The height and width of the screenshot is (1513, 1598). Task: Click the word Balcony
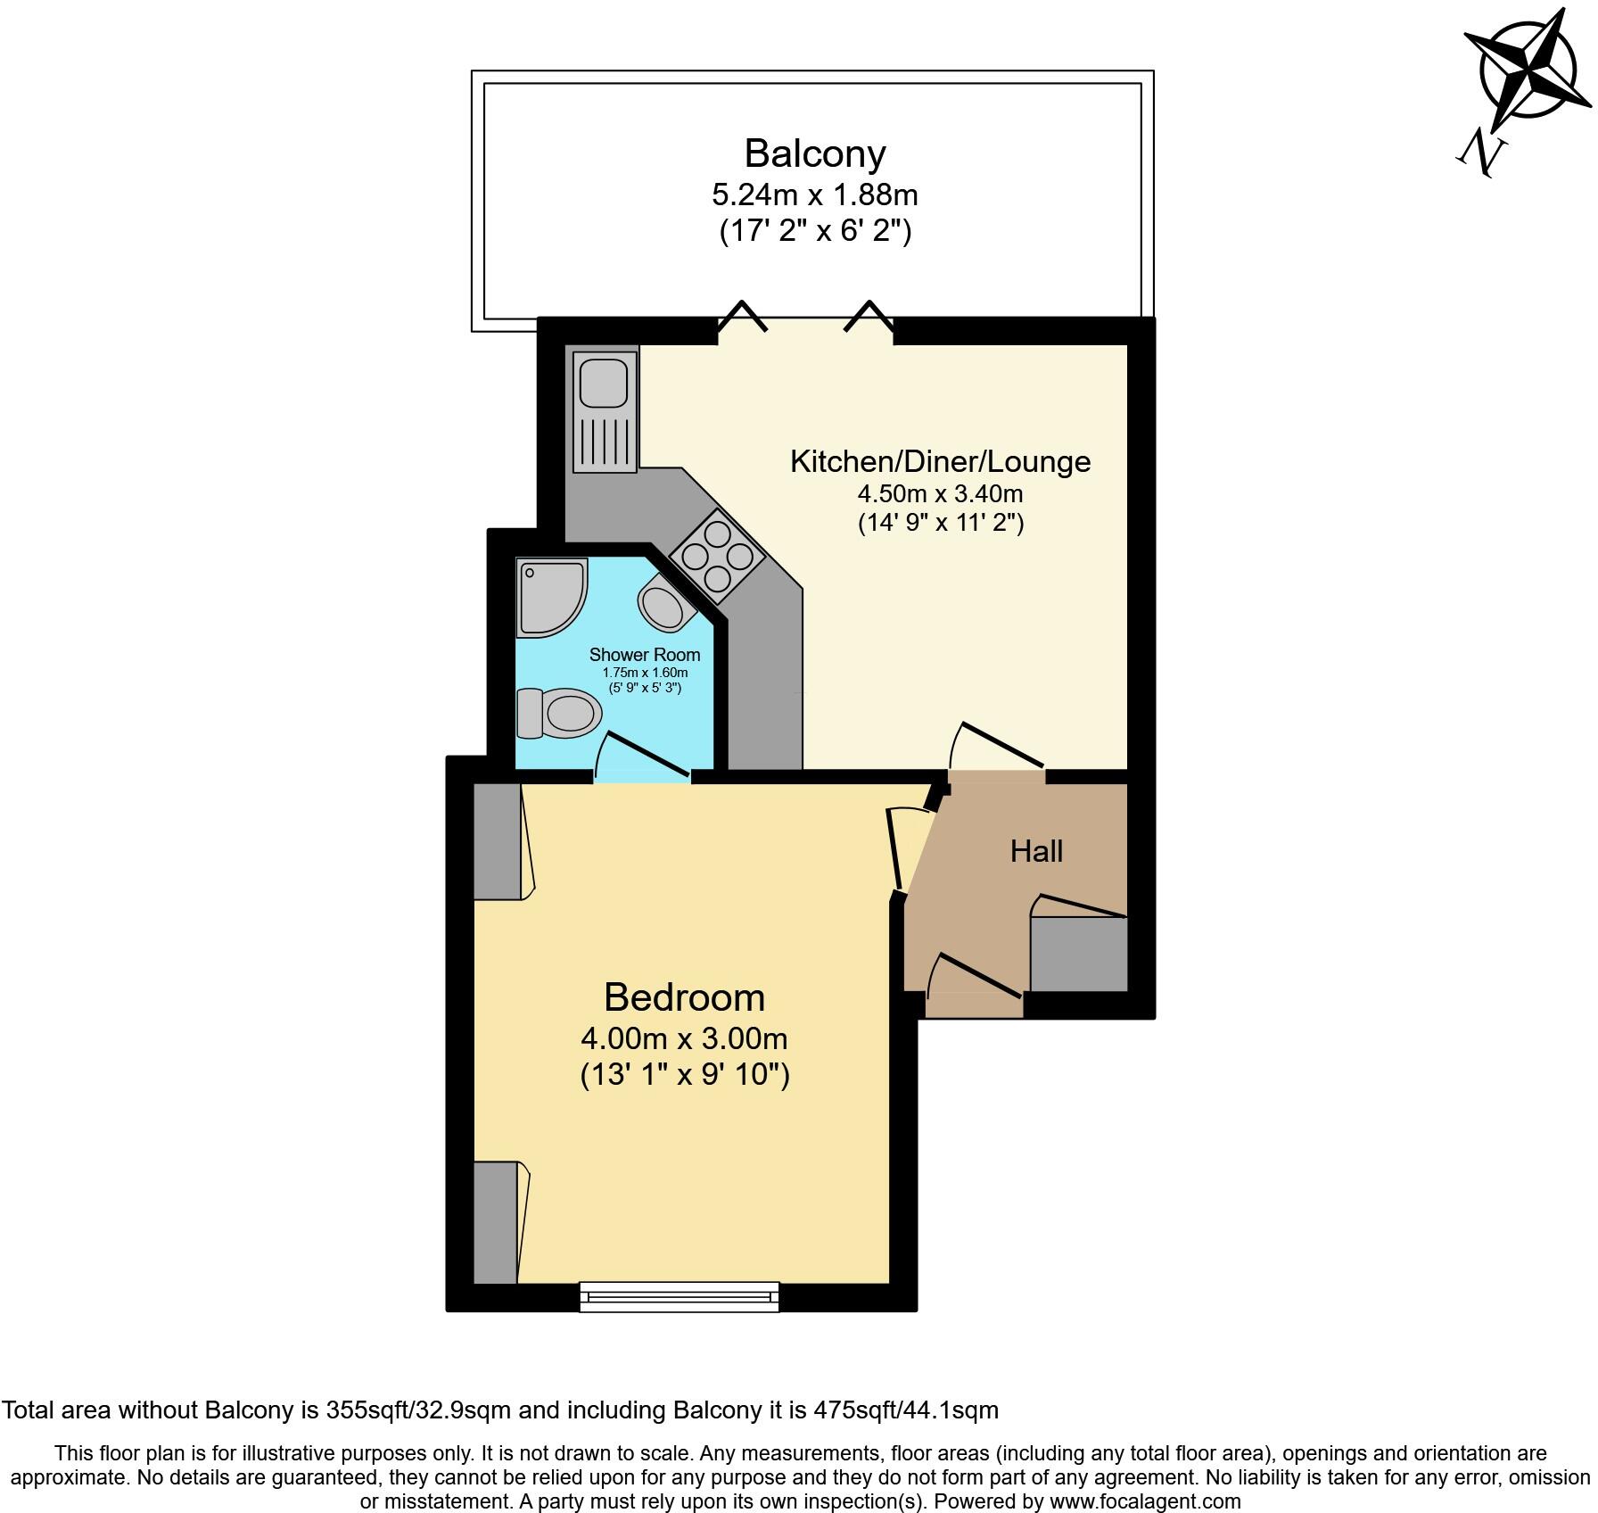[x=815, y=153]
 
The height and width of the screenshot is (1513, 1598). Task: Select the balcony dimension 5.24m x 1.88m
[x=815, y=194]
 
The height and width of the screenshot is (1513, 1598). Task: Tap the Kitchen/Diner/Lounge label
[x=940, y=461]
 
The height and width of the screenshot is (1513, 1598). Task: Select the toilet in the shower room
[x=559, y=713]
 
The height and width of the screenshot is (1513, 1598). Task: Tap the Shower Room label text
[x=644, y=655]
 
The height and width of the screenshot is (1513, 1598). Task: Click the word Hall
[x=1036, y=851]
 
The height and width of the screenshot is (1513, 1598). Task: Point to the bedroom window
[x=680, y=1296]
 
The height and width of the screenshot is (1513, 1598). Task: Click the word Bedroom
[x=684, y=997]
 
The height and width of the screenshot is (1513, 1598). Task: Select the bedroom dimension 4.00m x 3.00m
[x=684, y=1038]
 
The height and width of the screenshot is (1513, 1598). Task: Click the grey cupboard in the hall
[x=1079, y=954]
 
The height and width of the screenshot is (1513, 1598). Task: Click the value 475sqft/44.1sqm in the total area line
[x=906, y=1410]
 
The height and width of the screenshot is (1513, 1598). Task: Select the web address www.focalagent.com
[x=1145, y=1501]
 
